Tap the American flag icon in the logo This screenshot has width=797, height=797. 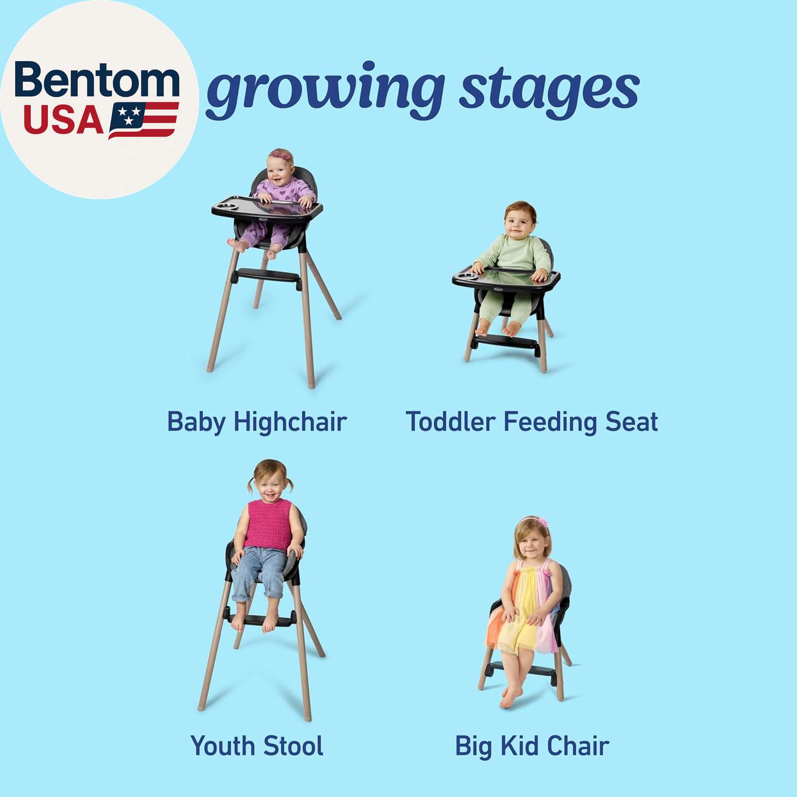(143, 120)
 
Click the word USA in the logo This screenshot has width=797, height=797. (63, 120)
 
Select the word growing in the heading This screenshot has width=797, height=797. (325, 89)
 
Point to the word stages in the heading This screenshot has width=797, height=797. (549, 91)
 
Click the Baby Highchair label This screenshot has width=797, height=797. (257, 422)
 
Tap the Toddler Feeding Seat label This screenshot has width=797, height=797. (532, 422)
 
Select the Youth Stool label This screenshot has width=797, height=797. (257, 745)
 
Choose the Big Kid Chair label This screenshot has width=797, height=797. (532, 746)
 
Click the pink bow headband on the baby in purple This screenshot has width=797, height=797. (281, 156)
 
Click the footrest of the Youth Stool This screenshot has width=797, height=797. (261, 620)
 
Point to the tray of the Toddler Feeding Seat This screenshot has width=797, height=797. (506, 279)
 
